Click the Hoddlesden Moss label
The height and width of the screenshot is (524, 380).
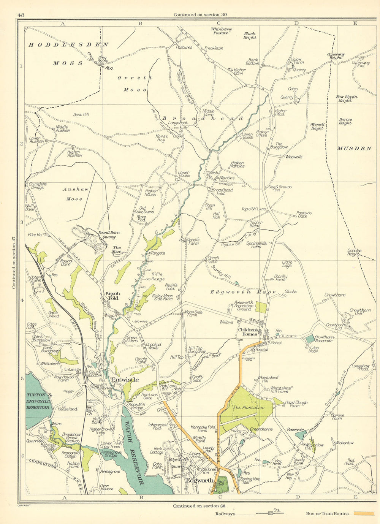pyautogui.click(x=68, y=54)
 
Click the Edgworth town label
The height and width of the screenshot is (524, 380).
pyautogui.click(x=199, y=480)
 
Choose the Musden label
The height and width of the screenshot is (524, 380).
pyautogui.click(x=354, y=148)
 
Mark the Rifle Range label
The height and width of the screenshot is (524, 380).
pyautogui.click(x=157, y=276)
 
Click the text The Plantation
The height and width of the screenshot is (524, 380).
pyautogui.click(x=248, y=408)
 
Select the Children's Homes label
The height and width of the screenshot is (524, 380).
pyautogui.click(x=248, y=332)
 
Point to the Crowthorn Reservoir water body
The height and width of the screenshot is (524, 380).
pyautogui.click(x=310, y=339)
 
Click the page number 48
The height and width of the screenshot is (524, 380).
pyautogui.click(x=21, y=15)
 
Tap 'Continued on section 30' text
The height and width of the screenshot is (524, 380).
pyautogui.click(x=200, y=15)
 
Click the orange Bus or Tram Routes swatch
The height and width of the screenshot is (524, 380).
pyautogui.click(x=364, y=513)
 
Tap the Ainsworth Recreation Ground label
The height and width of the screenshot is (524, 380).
pyautogui.click(x=244, y=306)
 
